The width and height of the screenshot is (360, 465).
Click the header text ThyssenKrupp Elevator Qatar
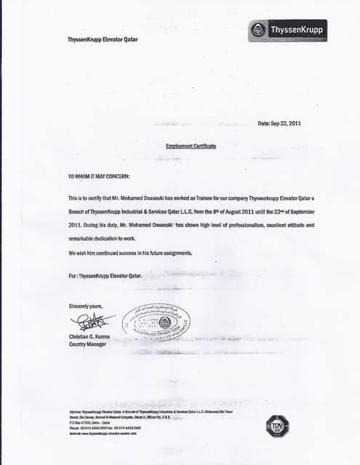tap(103, 39)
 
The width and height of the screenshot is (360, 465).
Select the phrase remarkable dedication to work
tap(102, 239)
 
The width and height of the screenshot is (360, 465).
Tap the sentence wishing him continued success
tap(130, 253)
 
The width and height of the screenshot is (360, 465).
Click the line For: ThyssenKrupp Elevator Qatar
tap(105, 276)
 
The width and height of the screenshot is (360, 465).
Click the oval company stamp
tap(156, 323)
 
